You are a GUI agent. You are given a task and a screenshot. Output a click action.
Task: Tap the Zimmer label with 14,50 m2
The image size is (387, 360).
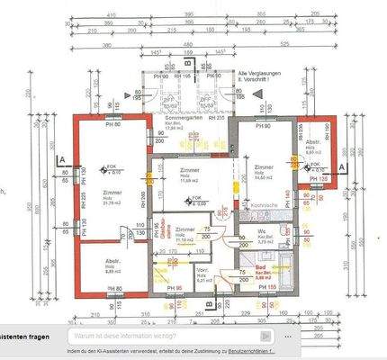pos(264,167)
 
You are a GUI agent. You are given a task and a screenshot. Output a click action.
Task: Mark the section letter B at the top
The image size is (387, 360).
pos(187,64)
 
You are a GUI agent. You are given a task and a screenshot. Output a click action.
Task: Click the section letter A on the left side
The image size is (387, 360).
pos(59,159)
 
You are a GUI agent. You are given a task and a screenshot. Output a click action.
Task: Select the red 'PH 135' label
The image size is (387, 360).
pos(319,179)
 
